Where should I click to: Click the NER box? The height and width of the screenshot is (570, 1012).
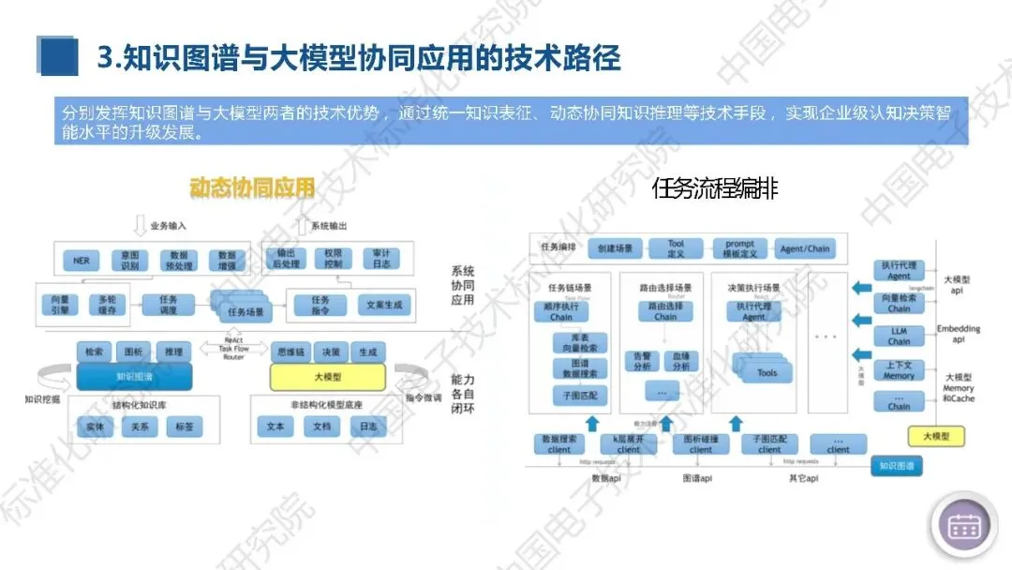pos(82,260)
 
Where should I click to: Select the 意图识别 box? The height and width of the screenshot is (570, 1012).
pos(129,260)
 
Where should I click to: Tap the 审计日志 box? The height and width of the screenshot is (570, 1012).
pos(381,259)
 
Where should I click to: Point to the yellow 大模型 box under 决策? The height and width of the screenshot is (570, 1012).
pos(327,377)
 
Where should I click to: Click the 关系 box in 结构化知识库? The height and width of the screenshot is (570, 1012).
pos(140,427)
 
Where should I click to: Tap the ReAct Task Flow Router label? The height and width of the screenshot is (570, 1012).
pos(233,348)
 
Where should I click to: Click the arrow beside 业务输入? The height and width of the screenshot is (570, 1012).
pos(140,225)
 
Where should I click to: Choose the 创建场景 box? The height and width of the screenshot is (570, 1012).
pos(616,249)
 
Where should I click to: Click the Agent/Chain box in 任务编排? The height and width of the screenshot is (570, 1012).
pos(804,249)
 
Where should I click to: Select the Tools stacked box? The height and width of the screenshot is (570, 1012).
pos(766,371)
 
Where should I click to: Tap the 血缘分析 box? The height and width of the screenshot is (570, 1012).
pos(682,361)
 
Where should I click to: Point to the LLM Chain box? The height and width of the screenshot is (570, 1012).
pos(899,336)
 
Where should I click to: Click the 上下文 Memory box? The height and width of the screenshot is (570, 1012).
pos(899,370)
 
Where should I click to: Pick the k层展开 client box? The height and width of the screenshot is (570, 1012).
pos(629,444)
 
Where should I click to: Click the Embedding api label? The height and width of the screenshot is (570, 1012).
pos(958,334)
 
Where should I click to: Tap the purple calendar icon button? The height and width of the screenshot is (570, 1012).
pos(963,525)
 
